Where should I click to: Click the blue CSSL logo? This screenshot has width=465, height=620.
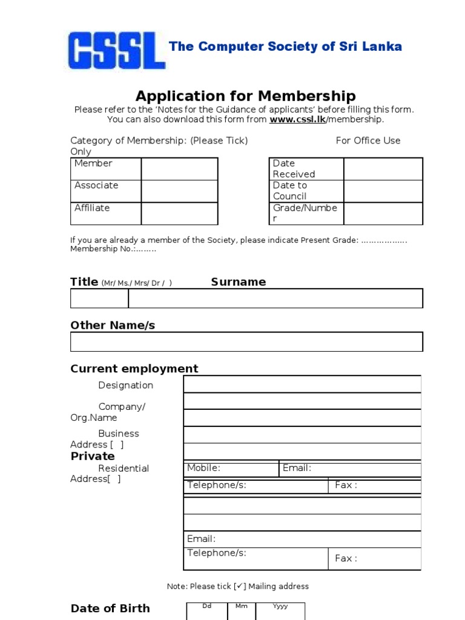(117, 50)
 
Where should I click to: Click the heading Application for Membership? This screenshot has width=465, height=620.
(245, 96)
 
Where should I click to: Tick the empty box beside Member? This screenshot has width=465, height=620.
(179, 169)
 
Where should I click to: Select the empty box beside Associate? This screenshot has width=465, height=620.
(179, 191)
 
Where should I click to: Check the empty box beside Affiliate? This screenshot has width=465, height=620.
(179, 214)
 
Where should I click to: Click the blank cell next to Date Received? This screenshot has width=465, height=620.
(383, 169)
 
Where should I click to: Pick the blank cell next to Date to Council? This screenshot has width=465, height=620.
(383, 191)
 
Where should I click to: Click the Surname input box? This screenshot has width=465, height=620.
(275, 298)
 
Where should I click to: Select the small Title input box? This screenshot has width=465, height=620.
(99, 298)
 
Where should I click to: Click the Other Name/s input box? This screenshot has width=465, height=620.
(246, 341)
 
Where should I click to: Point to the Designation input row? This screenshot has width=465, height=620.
(302, 384)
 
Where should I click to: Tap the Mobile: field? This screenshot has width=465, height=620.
(231, 469)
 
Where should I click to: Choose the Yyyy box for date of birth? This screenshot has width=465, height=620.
(280, 612)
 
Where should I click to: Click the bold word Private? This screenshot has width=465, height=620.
(93, 456)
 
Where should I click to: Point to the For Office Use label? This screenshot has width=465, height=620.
(368, 140)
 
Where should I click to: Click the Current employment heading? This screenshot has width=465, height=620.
(134, 369)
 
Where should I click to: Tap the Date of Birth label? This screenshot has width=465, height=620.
(110, 608)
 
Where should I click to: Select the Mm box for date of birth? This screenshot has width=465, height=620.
(241, 612)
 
